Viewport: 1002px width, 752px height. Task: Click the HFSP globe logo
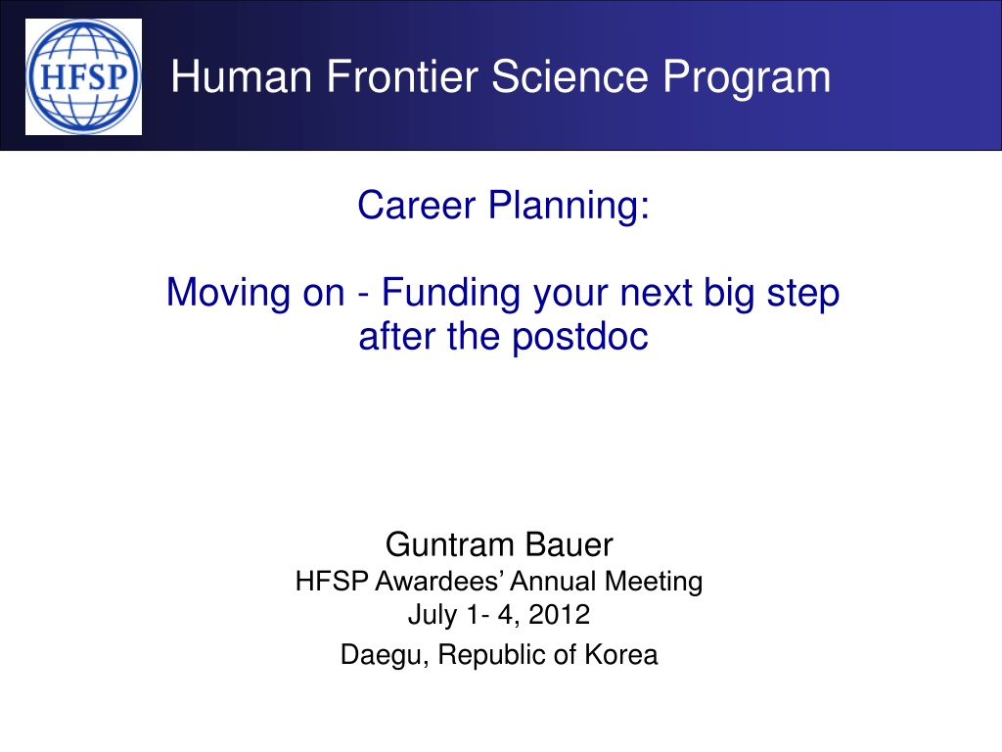coord(84,76)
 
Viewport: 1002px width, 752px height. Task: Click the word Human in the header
coord(242,76)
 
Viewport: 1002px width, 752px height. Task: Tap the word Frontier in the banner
coord(402,76)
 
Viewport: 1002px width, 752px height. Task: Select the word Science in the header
coord(569,76)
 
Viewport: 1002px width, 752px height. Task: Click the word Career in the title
coord(417,206)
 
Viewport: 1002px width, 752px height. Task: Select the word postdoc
coord(580,336)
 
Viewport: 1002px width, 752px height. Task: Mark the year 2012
coord(559,615)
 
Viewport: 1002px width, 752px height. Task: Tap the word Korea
coord(621,655)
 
